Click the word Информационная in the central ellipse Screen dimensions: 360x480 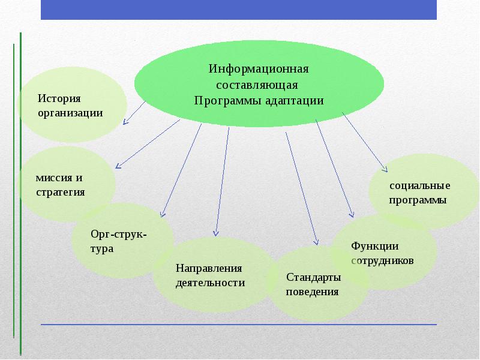[x=259, y=68]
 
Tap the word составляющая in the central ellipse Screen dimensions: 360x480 [x=259, y=84]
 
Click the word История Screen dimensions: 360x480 [x=59, y=98]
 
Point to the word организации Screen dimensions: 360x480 [x=70, y=112]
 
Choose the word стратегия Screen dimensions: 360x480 [x=60, y=192]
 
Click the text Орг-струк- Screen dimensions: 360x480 [x=118, y=233]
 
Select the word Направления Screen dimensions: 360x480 [x=209, y=268]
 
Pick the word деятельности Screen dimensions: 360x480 [x=210, y=283]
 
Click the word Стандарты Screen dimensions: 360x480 [x=314, y=277]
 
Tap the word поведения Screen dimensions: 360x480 [x=313, y=292]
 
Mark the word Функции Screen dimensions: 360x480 [x=375, y=246]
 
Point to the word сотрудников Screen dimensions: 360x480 [x=382, y=262]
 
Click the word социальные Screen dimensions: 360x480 [x=419, y=186]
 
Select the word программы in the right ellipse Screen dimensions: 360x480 [x=418, y=200]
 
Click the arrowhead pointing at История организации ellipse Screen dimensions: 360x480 [x=125, y=122]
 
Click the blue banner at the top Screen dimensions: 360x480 [x=239, y=10]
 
